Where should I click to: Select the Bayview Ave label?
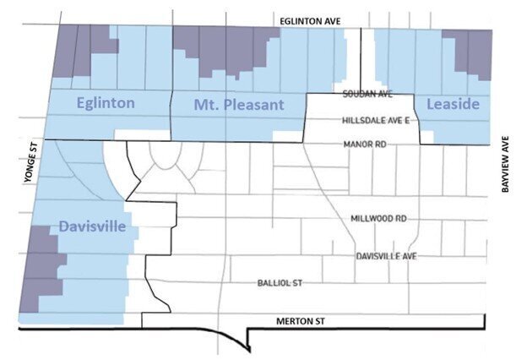(x=508, y=165)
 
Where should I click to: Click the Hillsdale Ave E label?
(x=376, y=121)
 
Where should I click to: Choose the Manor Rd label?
(x=365, y=145)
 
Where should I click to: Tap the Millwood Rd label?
(x=378, y=218)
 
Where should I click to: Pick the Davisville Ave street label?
(x=386, y=254)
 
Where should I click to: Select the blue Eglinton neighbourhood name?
(x=106, y=104)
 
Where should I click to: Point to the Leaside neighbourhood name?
(x=453, y=104)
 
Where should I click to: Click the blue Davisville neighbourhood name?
(x=93, y=226)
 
